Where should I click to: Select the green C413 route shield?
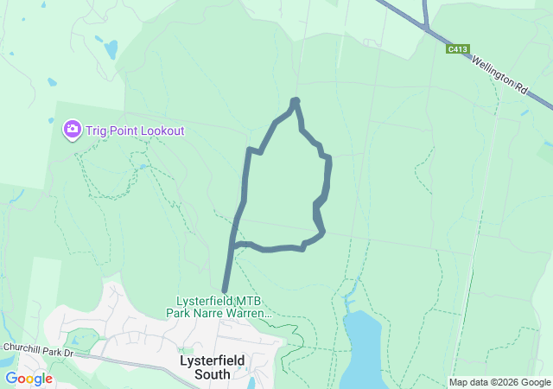coord(458,49)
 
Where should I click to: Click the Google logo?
coord(29,378)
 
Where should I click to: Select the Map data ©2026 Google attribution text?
coord(499,382)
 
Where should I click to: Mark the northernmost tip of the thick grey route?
coord(295,101)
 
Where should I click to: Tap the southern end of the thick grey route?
coord(225,291)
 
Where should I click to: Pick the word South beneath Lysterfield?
coord(213,374)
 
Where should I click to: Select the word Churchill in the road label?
coord(20,348)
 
